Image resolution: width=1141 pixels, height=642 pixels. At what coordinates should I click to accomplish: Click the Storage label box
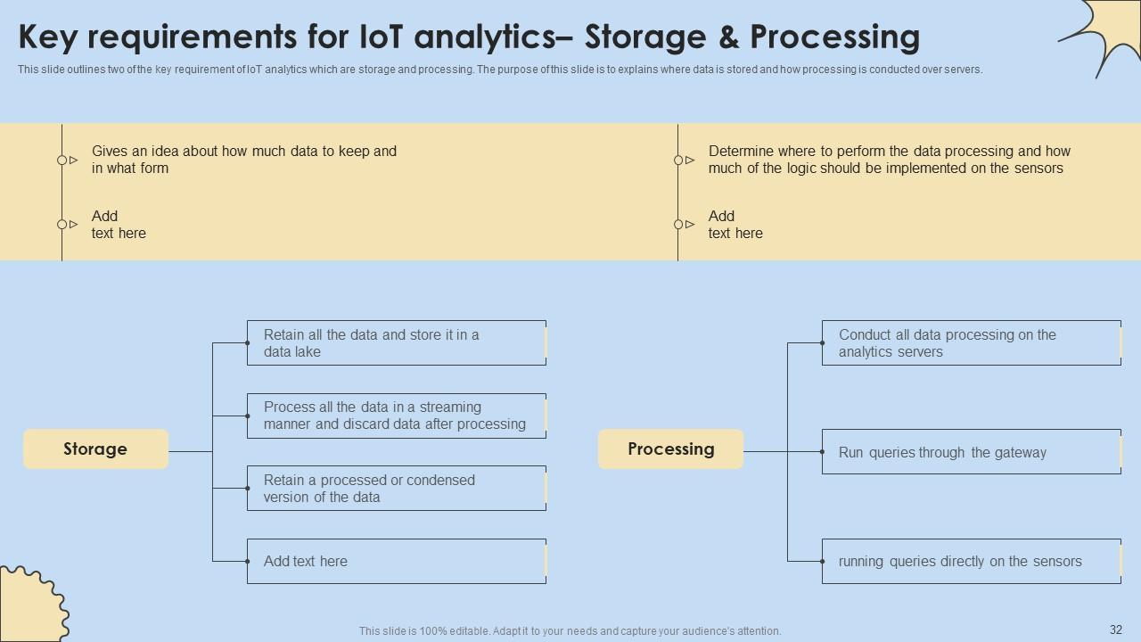coord(95,449)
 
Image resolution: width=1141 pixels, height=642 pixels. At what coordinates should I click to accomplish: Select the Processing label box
coord(671,449)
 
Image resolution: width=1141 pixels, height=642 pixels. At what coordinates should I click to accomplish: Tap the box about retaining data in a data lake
coord(397,343)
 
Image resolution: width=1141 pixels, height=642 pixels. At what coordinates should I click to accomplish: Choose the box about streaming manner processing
coord(397,416)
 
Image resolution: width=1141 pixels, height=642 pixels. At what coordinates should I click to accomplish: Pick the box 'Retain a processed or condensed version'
coord(397,488)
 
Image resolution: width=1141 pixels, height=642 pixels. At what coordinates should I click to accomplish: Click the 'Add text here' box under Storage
coord(397,562)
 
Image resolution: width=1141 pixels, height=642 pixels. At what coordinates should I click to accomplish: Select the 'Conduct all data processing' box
coord(972,343)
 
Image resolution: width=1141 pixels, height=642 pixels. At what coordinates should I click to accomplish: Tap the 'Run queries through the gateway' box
coord(972,452)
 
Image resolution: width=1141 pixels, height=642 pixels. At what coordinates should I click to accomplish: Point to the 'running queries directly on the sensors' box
coord(972,562)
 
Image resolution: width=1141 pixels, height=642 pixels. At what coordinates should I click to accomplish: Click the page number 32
coord(1115,630)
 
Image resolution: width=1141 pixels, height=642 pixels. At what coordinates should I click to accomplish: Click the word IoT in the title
coord(378,37)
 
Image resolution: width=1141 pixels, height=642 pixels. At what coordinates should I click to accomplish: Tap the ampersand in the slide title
coord(728,37)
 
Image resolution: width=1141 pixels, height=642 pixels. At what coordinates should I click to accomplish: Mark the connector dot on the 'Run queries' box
coord(822,452)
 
